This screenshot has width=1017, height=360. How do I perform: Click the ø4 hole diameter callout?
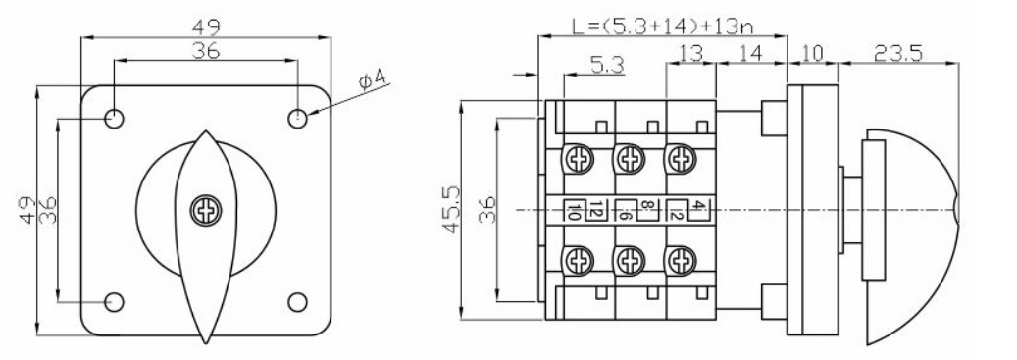pyautogui.click(x=373, y=80)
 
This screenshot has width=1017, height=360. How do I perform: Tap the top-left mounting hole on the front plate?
pyautogui.click(x=115, y=119)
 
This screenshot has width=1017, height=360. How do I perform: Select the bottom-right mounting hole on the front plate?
pyautogui.click(x=298, y=302)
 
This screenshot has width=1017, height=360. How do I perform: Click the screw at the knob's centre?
pyautogui.click(x=206, y=210)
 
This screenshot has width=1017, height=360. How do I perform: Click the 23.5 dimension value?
pyautogui.click(x=897, y=53)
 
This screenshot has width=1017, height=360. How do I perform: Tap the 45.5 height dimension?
pyautogui.click(x=451, y=209)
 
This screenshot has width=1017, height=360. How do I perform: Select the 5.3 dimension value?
pyautogui.click(x=607, y=64)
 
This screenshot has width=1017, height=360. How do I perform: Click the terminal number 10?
pyautogui.click(x=574, y=212)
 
